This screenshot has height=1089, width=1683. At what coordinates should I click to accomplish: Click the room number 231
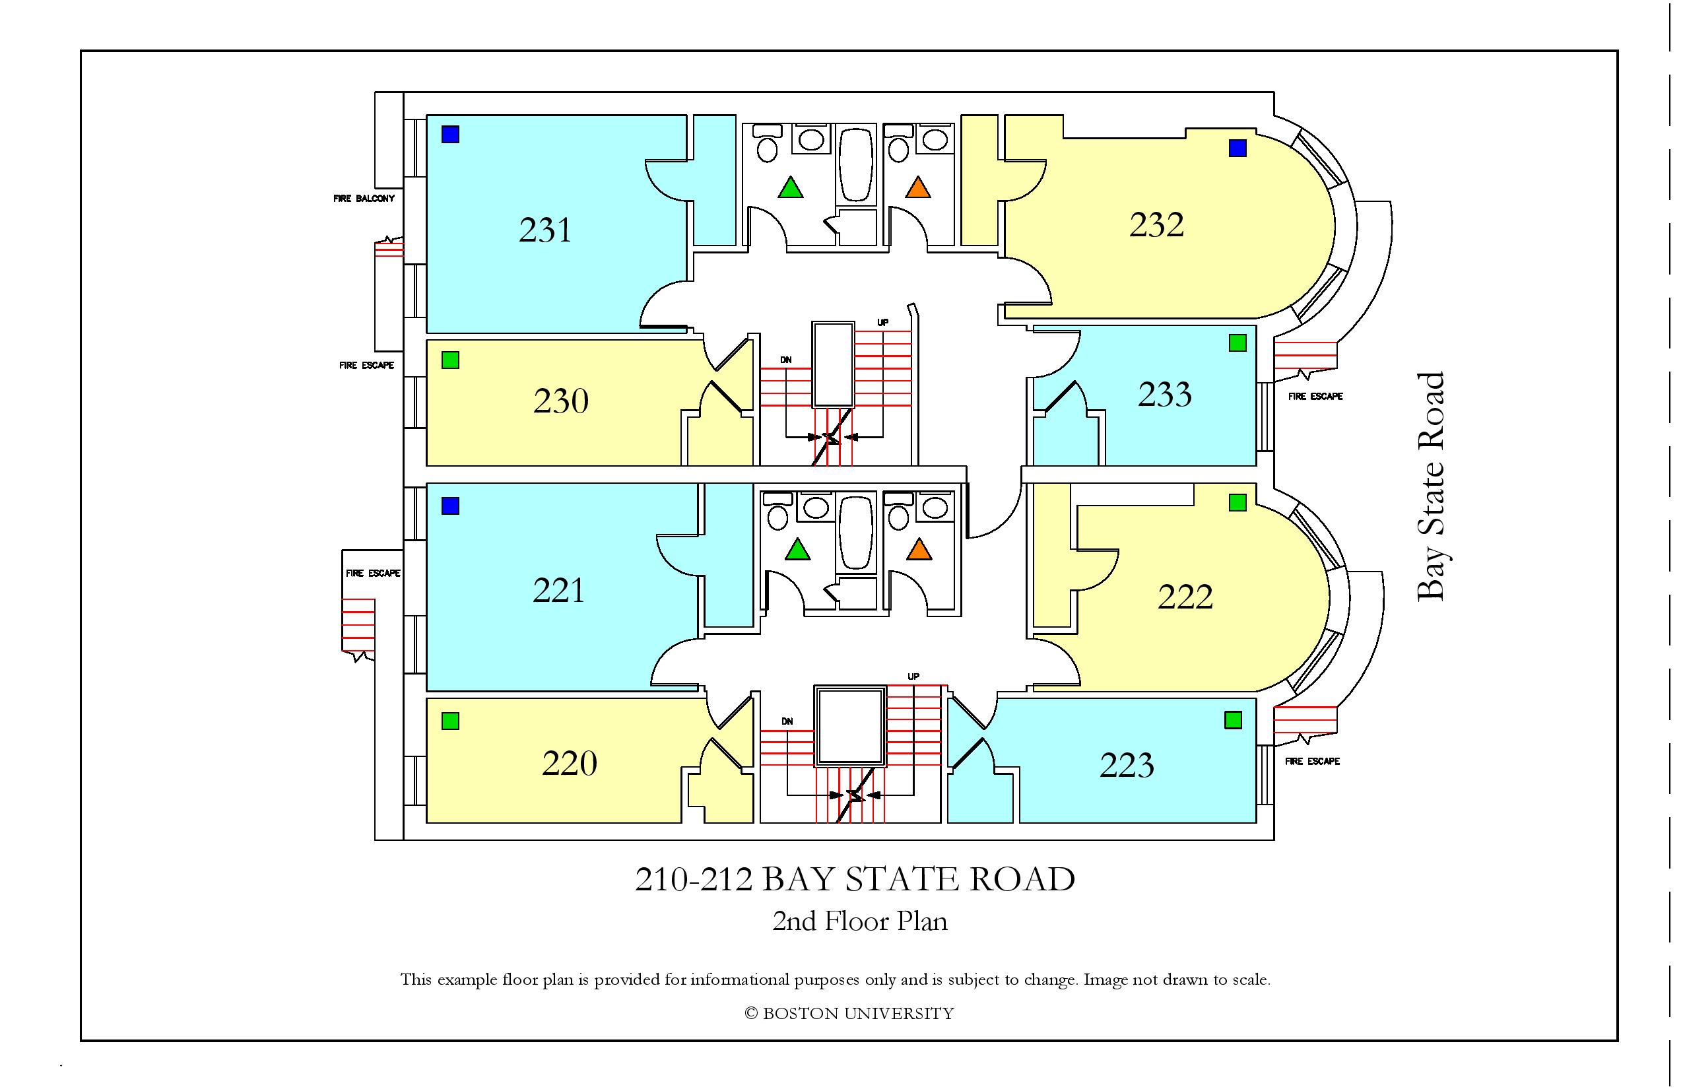pos(544,230)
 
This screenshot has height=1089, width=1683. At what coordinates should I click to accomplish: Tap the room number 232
pos(1156,225)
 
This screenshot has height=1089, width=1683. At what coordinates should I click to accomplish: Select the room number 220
pos(569,763)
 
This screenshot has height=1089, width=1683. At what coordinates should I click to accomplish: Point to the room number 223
pos(1127,765)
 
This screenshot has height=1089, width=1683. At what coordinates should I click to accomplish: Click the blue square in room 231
pos(450,135)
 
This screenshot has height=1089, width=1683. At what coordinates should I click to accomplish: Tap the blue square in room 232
pos(1237,148)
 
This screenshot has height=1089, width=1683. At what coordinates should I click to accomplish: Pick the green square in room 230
pos(450,360)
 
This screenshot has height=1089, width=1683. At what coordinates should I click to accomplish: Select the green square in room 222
pos(1237,503)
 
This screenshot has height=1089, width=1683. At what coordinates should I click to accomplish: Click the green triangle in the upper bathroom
pos(791,188)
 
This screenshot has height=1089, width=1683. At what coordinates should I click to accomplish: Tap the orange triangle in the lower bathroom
pos(919,549)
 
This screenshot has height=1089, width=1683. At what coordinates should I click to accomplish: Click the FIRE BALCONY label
pos(364,199)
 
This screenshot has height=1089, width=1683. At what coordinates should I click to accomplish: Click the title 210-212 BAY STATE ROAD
pos(855,879)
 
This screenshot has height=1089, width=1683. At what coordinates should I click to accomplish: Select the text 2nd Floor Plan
pos(859,921)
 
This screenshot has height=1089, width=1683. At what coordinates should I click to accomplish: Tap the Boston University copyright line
pos(849,1013)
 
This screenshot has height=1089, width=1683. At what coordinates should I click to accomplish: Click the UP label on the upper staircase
pos(882,323)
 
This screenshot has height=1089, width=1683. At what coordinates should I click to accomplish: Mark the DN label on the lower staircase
pos(787,721)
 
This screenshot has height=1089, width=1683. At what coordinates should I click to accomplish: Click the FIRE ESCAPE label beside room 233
pos(1315,397)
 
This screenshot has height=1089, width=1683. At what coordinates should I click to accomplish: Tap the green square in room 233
pos(1237,343)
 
